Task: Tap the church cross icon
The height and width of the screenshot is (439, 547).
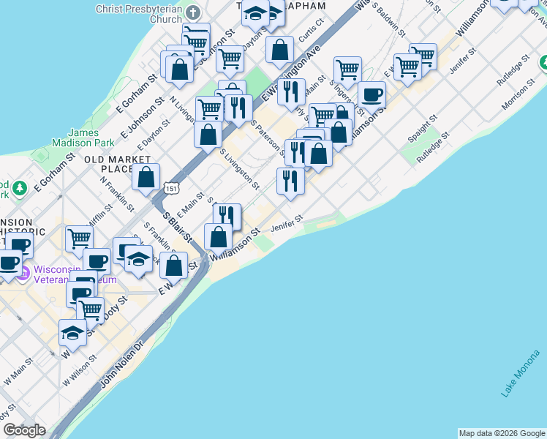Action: (x=192, y=13)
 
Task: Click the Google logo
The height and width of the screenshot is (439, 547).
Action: (x=24, y=430)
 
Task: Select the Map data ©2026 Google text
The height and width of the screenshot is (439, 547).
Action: (x=502, y=433)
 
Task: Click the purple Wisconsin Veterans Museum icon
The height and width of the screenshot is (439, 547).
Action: (x=23, y=274)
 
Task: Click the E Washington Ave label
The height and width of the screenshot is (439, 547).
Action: (x=291, y=73)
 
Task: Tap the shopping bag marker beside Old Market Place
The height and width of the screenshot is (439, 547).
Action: (x=146, y=176)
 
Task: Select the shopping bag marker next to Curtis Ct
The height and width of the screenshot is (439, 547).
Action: (x=279, y=50)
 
